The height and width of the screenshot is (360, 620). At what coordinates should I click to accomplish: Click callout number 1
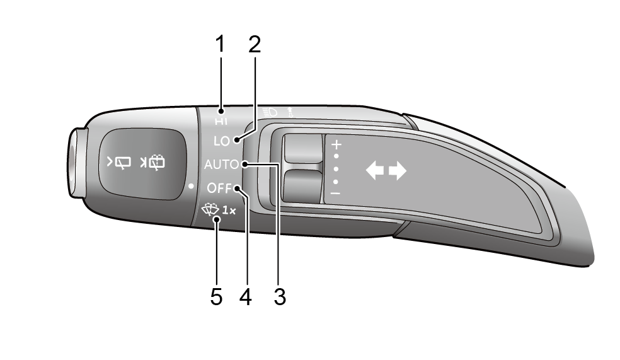click(220, 44)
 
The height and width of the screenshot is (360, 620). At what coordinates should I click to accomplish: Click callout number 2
click(255, 44)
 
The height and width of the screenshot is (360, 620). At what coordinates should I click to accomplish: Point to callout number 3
click(280, 297)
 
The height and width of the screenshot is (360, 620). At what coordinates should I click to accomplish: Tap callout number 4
click(246, 297)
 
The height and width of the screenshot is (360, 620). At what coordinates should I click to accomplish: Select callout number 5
click(216, 297)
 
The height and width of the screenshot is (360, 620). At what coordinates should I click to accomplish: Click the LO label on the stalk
click(221, 141)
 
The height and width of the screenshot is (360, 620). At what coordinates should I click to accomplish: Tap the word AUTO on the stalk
click(221, 165)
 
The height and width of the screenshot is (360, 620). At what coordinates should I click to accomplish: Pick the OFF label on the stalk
click(219, 188)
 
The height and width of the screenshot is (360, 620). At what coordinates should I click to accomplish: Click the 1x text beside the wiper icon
click(229, 211)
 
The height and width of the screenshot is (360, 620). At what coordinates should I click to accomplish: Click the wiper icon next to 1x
click(210, 210)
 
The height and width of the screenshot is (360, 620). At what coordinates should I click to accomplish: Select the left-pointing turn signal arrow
click(375, 170)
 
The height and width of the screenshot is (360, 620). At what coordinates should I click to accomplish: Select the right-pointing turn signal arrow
click(398, 170)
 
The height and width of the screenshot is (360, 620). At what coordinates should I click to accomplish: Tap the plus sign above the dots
click(336, 144)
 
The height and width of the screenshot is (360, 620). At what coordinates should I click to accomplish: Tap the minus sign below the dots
click(335, 194)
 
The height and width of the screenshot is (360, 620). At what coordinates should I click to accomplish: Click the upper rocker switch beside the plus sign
click(303, 149)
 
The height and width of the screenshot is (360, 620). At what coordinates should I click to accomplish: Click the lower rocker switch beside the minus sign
click(303, 186)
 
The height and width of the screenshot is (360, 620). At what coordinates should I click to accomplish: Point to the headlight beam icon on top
click(270, 112)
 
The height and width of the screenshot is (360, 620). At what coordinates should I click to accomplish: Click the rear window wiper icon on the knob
click(119, 163)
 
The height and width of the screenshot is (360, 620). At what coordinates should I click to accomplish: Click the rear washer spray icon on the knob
click(152, 163)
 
